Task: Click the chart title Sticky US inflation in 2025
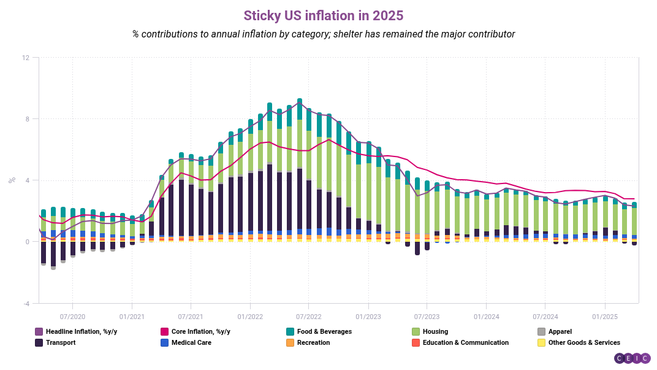(324, 15)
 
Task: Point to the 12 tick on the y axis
(25, 58)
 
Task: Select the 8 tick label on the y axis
(27, 119)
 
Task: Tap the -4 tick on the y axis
(25, 303)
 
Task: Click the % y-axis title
(12, 180)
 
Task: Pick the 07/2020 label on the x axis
(72, 317)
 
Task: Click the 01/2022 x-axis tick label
(249, 317)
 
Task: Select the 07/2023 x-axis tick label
(427, 317)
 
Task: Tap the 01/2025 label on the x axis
(604, 317)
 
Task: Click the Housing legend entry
(435, 332)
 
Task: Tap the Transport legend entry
(60, 343)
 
